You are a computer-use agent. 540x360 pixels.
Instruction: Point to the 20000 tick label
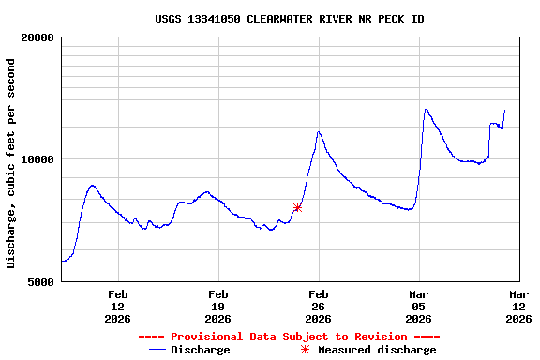(x=37, y=37)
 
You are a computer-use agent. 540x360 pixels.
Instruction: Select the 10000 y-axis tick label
(x=37, y=159)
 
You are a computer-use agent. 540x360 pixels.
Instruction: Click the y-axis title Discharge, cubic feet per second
(x=11, y=163)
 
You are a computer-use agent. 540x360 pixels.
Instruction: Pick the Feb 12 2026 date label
(x=118, y=307)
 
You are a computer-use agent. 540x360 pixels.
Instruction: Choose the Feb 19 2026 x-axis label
(x=218, y=307)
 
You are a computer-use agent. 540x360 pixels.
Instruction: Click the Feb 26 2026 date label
(x=319, y=307)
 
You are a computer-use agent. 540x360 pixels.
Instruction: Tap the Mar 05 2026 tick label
(x=418, y=307)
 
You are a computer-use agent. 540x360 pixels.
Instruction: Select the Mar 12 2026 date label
(x=518, y=307)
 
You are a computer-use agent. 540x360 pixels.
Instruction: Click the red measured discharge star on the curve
(x=297, y=208)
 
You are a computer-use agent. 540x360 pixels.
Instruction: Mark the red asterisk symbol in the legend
(x=305, y=350)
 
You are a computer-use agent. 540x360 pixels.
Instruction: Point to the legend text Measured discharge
(x=377, y=350)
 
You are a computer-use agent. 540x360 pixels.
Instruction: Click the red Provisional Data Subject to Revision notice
(x=289, y=337)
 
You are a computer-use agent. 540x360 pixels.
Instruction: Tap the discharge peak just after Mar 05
(x=426, y=109)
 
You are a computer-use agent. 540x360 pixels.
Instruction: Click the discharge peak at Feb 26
(x=319, y=132)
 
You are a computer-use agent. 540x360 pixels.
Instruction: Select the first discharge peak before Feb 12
(x=92, y=186)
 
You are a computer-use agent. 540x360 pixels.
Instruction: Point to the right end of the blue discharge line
(x=504, y=111)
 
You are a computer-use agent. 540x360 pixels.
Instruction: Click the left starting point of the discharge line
(x=62, y=261)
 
